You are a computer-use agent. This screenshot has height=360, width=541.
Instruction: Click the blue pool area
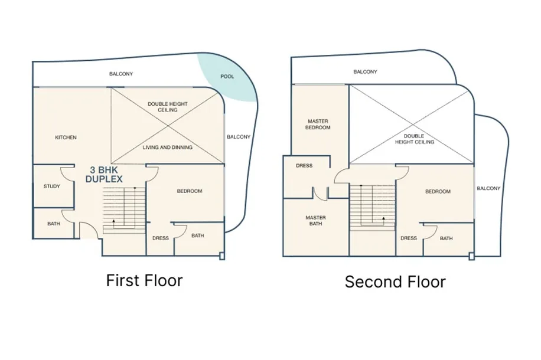click(x=229, y=79)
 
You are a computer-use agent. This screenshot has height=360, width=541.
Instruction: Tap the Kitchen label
click(x=66, y=138)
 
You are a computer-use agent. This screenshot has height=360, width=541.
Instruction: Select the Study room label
click(x=52, y=186)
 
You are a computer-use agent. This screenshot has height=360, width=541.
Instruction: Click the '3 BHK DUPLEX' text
click(x=104, y=175)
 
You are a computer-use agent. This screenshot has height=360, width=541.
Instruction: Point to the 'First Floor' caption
click(x=144, y=280)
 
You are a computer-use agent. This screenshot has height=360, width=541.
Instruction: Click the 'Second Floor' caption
click(x=395, y=282)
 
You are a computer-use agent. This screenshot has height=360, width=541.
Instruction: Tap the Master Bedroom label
click(x=318, y=125)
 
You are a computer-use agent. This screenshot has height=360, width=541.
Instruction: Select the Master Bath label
click(x=316, y=221)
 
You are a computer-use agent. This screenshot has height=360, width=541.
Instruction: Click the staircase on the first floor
click(x=124, y=210)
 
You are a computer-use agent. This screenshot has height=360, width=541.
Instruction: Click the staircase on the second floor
click(x=373, y=208)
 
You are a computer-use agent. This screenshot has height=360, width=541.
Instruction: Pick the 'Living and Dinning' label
click(x=168, y=147)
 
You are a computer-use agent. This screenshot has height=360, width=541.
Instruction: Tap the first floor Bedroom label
click(x=190, y=191)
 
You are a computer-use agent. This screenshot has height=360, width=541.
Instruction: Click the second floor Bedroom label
click(x=438, y=191)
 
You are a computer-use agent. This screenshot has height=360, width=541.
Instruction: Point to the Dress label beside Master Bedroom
click(x=304, y=165)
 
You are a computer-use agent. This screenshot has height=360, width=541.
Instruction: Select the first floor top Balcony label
click(x=121, y=74)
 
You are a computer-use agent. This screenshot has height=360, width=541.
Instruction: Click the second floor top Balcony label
click(x=366, y=72)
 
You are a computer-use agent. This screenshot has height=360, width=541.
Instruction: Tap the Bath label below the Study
click(x=54, y=224)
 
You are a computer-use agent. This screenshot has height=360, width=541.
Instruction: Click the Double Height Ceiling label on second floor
click(x=415, y=139)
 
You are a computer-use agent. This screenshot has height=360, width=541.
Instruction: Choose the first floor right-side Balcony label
click(x=239, y=137)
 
